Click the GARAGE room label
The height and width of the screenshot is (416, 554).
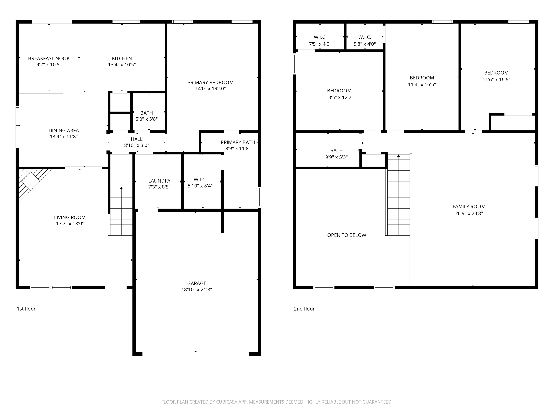(197, 283)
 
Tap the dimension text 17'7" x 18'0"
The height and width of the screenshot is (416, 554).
(70, 223)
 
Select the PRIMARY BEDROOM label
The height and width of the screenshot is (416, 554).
(210, 83)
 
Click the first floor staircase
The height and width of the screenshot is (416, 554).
(121, 211)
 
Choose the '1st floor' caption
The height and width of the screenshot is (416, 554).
(26, 309)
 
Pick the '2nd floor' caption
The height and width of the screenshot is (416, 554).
(304, 309)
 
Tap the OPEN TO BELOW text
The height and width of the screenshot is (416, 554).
(347, 235)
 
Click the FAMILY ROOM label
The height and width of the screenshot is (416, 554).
(469, 207)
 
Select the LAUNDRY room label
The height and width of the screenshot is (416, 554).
(159, 181)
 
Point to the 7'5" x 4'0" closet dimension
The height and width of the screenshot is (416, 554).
(320, 44)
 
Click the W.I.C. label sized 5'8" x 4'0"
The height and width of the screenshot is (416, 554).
(365, 37)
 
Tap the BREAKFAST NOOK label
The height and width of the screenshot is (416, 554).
(49, 58)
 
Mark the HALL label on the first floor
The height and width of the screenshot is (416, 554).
(137, 139)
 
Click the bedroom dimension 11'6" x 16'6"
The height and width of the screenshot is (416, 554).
(496, 79)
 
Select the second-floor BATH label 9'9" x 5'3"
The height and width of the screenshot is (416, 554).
(336, 150)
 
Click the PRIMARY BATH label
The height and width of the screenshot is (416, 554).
(238, 142)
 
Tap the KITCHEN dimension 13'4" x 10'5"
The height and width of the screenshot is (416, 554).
(122, 65)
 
